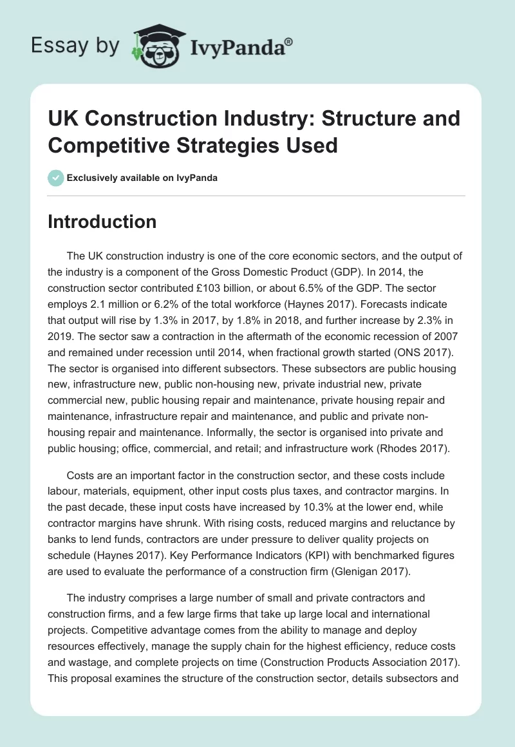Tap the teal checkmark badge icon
pyautogui.click(x=56, y=178)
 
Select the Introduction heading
pyautogui.click(x=102, y=222)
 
